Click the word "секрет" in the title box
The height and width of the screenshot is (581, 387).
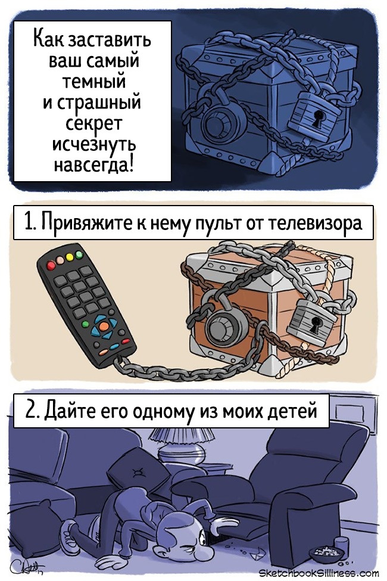[93, 122]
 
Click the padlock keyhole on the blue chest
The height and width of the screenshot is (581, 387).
[317, 118]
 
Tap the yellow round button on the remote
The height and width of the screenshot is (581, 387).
[69, 257]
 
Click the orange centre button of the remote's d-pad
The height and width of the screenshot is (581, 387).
[104, 326]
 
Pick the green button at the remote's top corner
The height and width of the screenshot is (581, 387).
[79, 254]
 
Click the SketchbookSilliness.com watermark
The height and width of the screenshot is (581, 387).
[319, 573]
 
